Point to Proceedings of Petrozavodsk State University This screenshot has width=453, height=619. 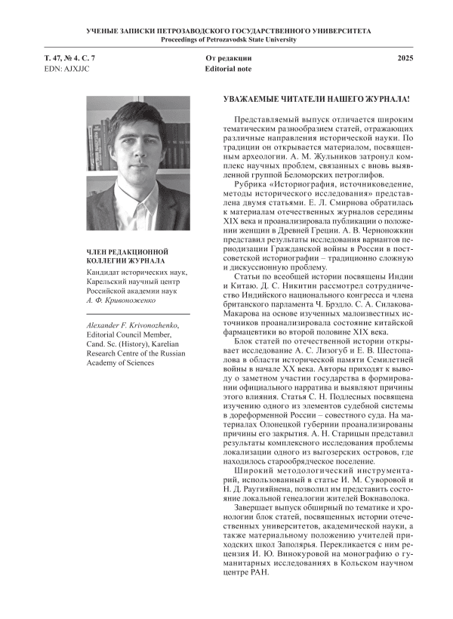[x=226, y=38]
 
